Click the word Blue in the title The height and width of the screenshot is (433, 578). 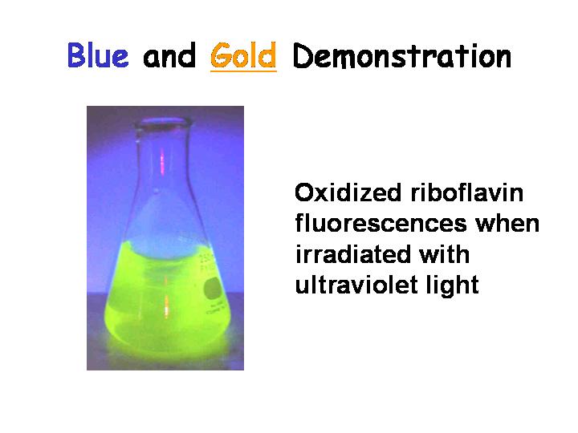pyautogui.click(x=98, y=55)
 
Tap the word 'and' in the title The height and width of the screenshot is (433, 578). pyautogui.click(x=169, y=56)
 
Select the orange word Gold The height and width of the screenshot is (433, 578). pyautogui.click(x=243, y=55)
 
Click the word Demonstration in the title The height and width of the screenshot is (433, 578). pyautogui.click(x=402, y=56)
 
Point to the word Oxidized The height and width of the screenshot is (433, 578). pyautogui.click(x=348, y=192)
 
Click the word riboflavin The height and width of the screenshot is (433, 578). pyautogui.click(x=466, y=192)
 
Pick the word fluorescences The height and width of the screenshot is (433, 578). pyautogui.click(x=381, y=224)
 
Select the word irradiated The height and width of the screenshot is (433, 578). pyautogui.click(x=352, y=254)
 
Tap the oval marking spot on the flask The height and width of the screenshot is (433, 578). pyautogui.click(x=212, y=289)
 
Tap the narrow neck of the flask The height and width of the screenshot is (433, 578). pyautogui.click(x=162, y=158)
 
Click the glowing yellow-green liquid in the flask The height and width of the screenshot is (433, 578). pyautogui.click(x=166, y=298)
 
